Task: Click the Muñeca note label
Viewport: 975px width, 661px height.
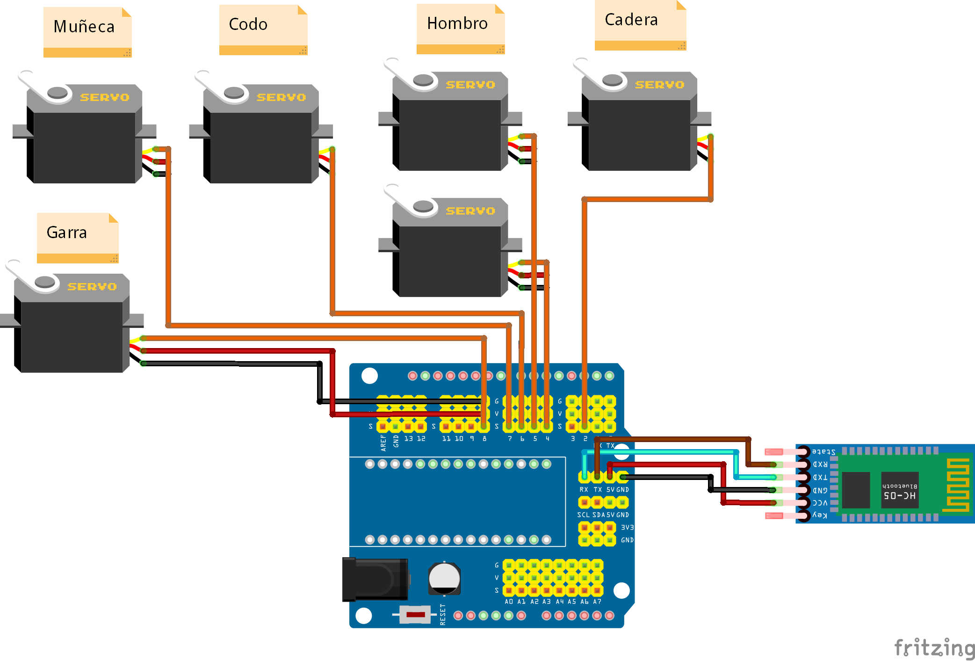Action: coord(84,27)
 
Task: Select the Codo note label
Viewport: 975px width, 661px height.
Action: coord(248,24)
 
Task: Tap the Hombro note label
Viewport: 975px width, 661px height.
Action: coord(457,23)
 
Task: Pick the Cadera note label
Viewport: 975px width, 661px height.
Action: coord(631,20)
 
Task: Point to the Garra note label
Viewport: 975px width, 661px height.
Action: coord(67,232)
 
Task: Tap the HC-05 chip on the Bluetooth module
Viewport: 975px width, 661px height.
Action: coord(900,490)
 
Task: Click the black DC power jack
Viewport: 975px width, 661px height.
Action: coord(375,579)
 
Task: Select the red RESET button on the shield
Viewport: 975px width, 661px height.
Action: coord(416,615)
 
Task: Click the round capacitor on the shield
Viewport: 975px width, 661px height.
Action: coord(444,579)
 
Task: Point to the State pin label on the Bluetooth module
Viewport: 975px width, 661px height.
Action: coord(823,451)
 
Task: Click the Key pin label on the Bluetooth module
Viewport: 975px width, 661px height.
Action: coord(820,515)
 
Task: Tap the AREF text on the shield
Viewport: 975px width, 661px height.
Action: coord(383,443)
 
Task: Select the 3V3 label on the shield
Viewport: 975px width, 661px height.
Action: coord(627,527)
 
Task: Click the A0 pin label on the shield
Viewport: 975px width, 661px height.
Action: coord(509,602)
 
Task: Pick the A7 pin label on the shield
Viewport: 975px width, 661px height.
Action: coord(597,602)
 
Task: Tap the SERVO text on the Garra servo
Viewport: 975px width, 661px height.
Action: coord(92,287)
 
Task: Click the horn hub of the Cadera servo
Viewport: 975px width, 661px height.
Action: coord(612,80)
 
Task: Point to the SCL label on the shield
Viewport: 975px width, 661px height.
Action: coord(583,515)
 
